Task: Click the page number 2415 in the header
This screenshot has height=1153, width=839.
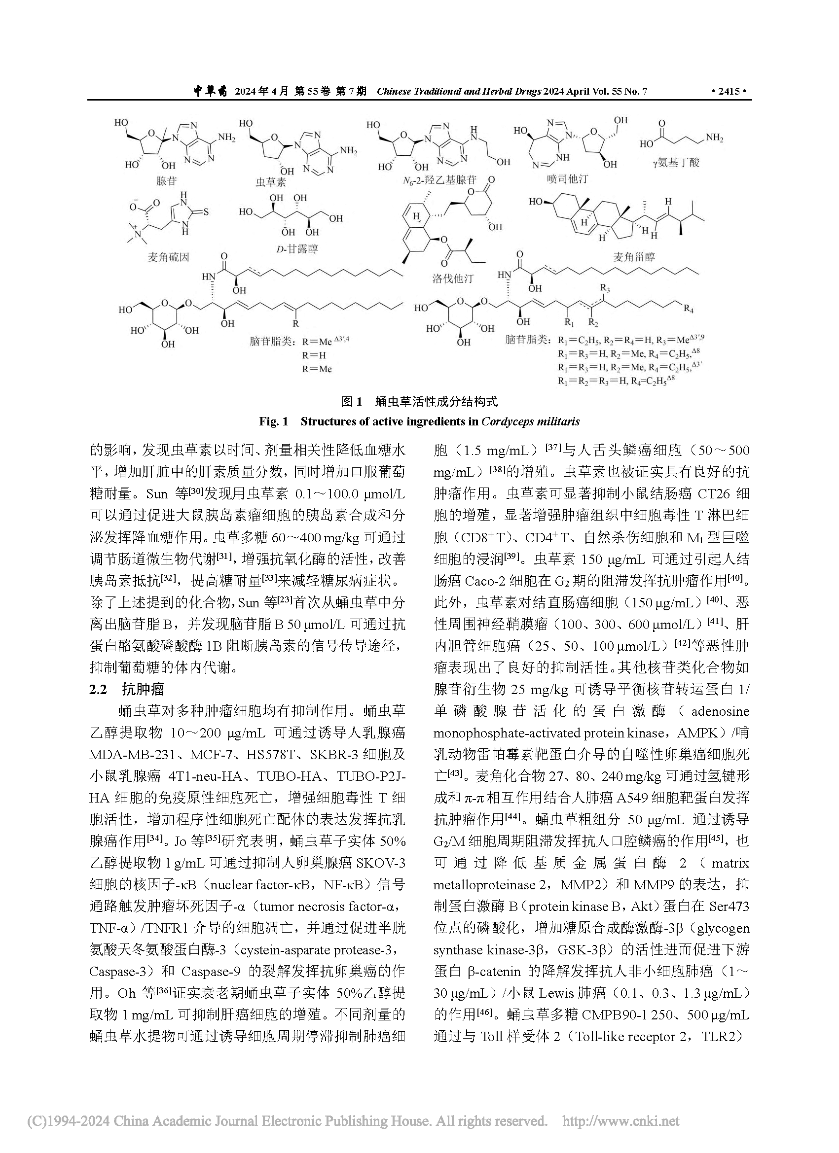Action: click(729, 92)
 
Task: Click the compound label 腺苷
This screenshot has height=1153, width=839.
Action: click(167, 180)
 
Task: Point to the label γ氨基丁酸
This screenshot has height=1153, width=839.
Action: click(676, 162)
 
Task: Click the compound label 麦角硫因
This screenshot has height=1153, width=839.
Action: click(168, 257)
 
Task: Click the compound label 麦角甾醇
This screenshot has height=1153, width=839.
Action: click(634, 257)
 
